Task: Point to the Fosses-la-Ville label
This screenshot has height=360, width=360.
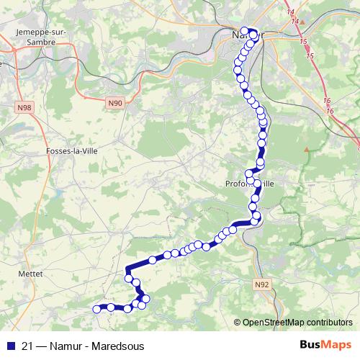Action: pyautogui.click(x=71, y=150)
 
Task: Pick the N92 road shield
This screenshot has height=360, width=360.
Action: pyautogui.click(x=262, y=285)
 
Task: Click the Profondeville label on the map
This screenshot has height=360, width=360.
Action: pyautogui.click(x=249, y=184)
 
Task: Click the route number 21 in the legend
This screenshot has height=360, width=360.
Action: pyautogui.click(x=27, y=344)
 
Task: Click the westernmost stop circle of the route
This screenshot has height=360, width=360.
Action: pyautogui.click(x=96, y=309)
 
